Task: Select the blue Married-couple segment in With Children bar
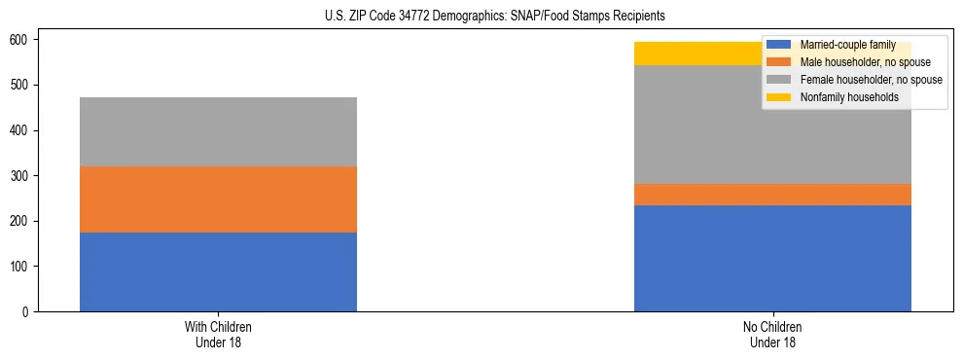coord(218,271)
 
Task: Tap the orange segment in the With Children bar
coord(218,199)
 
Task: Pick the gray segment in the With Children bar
coord(218,131)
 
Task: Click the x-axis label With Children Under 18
coord(218,334)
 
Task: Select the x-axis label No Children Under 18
coord(772,334)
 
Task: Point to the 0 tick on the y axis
coord(29,312)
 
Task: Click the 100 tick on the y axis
coord(22,267)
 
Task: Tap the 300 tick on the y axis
coord(22,176)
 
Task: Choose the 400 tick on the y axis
coord(22,130)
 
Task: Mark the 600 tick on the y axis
coord(22,40)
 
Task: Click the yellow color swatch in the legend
coord(779,97)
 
